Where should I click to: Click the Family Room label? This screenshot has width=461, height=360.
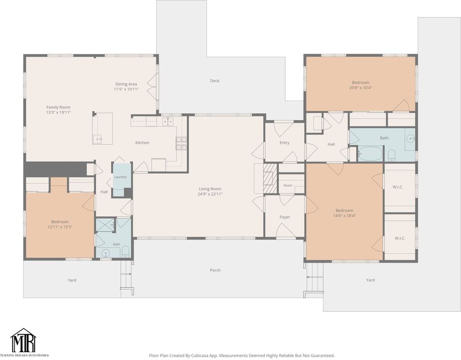click(59, 107)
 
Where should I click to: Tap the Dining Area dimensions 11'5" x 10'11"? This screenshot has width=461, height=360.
click(126, 89)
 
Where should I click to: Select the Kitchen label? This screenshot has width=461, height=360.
click(142, 142)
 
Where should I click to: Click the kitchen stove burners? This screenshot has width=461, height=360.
click(182, 143)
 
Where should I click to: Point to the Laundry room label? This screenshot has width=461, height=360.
click(120, 177)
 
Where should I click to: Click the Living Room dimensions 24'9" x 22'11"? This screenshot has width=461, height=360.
click(210, 194)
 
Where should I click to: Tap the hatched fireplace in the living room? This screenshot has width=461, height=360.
click(270, 178)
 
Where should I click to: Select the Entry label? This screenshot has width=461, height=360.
click(284, 142)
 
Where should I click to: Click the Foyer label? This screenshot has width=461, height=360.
click(285, 217)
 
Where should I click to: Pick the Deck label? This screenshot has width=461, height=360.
click(215, 81)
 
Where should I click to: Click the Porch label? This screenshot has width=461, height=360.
click(215, 270)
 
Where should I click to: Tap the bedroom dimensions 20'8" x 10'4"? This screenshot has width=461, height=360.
click(360, 88)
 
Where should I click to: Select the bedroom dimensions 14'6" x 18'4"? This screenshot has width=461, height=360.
click(344, 216)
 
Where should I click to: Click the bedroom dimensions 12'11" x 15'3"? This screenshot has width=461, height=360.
click(60, 227)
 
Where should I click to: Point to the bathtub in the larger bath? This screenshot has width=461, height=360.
click(370, 153)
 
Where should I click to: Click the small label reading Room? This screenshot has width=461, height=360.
click(288, 186)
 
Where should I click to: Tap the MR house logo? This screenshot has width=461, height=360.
click(23, 340)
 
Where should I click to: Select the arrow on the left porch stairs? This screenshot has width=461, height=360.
click(126, 274)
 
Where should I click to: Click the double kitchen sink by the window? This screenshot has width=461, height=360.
click(168, 121)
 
